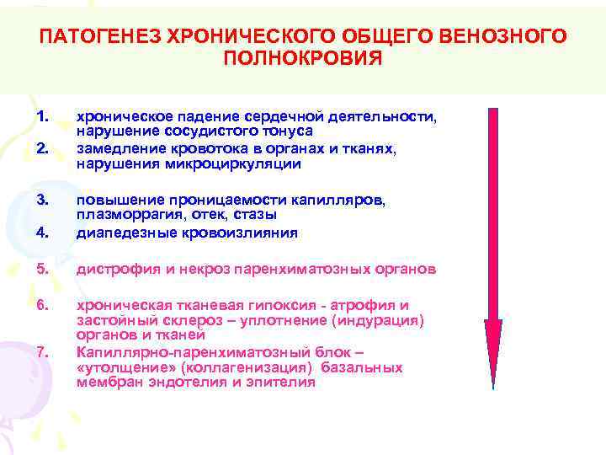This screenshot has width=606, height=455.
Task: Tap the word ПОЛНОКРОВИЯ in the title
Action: coord(303,58)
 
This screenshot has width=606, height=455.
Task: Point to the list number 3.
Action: coord(45,200)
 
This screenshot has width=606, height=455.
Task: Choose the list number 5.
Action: coord(45,270)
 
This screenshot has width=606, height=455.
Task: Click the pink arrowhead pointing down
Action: coord(493,345)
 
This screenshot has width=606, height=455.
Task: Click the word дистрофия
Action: coord(113,270)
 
